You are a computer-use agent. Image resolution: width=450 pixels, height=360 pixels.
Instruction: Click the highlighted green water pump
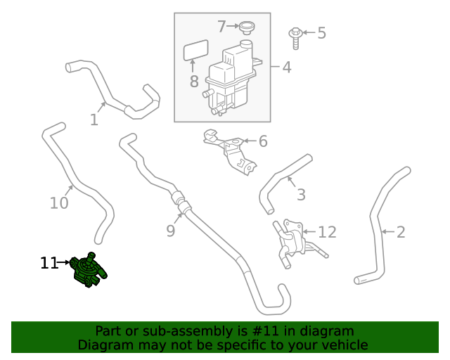[x=89, y=270]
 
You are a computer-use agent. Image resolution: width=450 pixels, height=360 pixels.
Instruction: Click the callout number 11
[x=49, y=264]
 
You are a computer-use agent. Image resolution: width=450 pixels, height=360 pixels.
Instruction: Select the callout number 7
[x=221, y=27]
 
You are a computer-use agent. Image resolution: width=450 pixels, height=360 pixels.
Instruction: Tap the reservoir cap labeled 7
[x=246, y=27]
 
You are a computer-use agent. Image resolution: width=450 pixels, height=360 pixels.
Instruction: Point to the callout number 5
[x=321, y=32]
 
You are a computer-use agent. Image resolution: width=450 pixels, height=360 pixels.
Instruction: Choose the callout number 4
[x=286, y=67]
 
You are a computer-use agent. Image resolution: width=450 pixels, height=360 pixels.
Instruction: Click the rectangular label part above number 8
[x=196, y=52]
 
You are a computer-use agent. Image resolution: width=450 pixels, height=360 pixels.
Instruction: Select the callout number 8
[x=194, y=82]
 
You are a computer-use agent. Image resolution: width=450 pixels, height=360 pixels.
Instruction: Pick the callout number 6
[x=263, y=141]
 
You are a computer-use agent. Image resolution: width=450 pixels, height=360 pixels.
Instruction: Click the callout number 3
[x=300, y=195]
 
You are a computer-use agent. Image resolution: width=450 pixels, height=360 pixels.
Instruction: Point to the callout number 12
[x=327, y=232]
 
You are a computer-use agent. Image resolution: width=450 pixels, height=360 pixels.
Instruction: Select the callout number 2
[x=401, y=231]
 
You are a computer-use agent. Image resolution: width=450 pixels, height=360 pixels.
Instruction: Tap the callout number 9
[x=170, y=230]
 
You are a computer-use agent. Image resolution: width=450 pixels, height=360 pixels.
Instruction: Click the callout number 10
[x=59, y=203]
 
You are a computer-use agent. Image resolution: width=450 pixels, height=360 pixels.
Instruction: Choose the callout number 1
[x=94, y=120]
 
